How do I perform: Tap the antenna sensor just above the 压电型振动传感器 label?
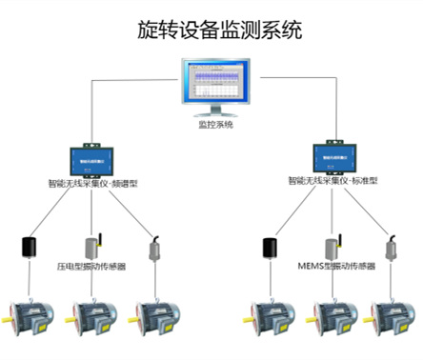(93, 247)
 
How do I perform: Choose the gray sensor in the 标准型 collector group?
(390, 250)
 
